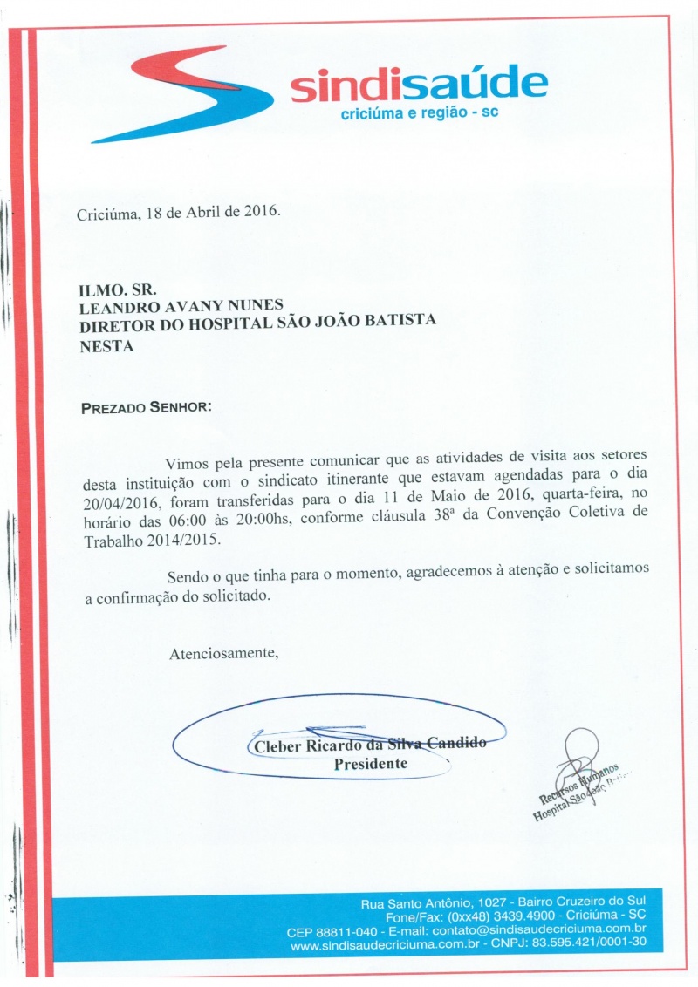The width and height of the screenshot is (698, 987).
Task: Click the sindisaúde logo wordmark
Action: coord(419,85)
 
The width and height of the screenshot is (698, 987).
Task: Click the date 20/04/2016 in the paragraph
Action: coord(118,501)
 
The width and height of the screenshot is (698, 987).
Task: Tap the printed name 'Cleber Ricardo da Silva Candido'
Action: coord(367,745)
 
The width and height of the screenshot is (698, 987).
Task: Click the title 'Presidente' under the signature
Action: coord(371,764)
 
